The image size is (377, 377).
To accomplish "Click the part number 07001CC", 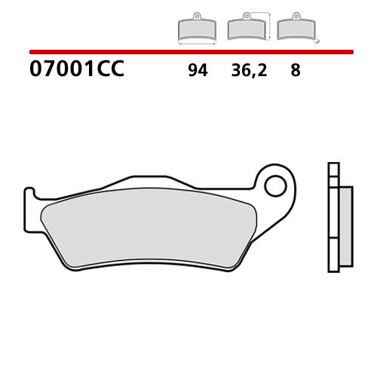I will [x=75, y=72].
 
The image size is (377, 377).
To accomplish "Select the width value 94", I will [x=198, y=72].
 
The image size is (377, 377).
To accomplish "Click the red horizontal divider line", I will [x=188, y=52].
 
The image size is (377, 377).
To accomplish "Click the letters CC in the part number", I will [x=111, y=72].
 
